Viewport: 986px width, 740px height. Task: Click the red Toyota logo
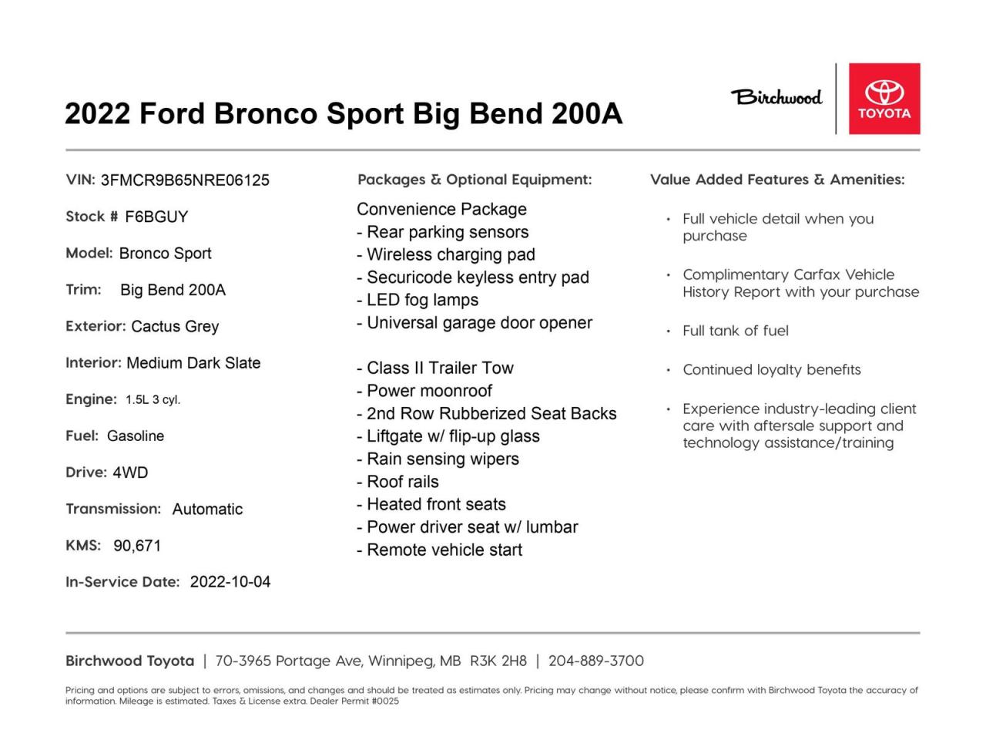[884, 99]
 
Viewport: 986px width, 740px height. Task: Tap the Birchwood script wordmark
[776, 97]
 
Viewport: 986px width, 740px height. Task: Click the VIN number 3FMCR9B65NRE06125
[185, 180]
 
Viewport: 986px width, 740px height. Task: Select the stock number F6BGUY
[156, 217]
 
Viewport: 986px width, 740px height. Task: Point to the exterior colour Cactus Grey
[175, 326]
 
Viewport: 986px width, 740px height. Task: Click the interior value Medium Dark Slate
[193, 362]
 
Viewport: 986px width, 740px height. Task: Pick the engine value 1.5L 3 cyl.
[153, 399]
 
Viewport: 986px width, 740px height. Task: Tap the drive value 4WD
[130, 473]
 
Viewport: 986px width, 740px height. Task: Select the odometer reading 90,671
[137, 546]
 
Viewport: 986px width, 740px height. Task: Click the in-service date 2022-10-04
[230, 582]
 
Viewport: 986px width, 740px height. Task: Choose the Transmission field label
[113, 509]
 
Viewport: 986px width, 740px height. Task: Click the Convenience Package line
[441, 210]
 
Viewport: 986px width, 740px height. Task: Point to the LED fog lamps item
[418, 300]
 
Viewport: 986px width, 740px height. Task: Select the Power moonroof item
[424, 391]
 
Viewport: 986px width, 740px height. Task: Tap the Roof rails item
[398, 482]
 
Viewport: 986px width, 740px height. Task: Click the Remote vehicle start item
[440, 550]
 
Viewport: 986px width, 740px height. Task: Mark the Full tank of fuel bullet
[736, 331]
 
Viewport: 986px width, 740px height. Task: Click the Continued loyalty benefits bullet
[772, 370]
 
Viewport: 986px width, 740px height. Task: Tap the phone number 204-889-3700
[596, 661]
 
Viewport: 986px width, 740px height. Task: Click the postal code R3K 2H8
[498, 661]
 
